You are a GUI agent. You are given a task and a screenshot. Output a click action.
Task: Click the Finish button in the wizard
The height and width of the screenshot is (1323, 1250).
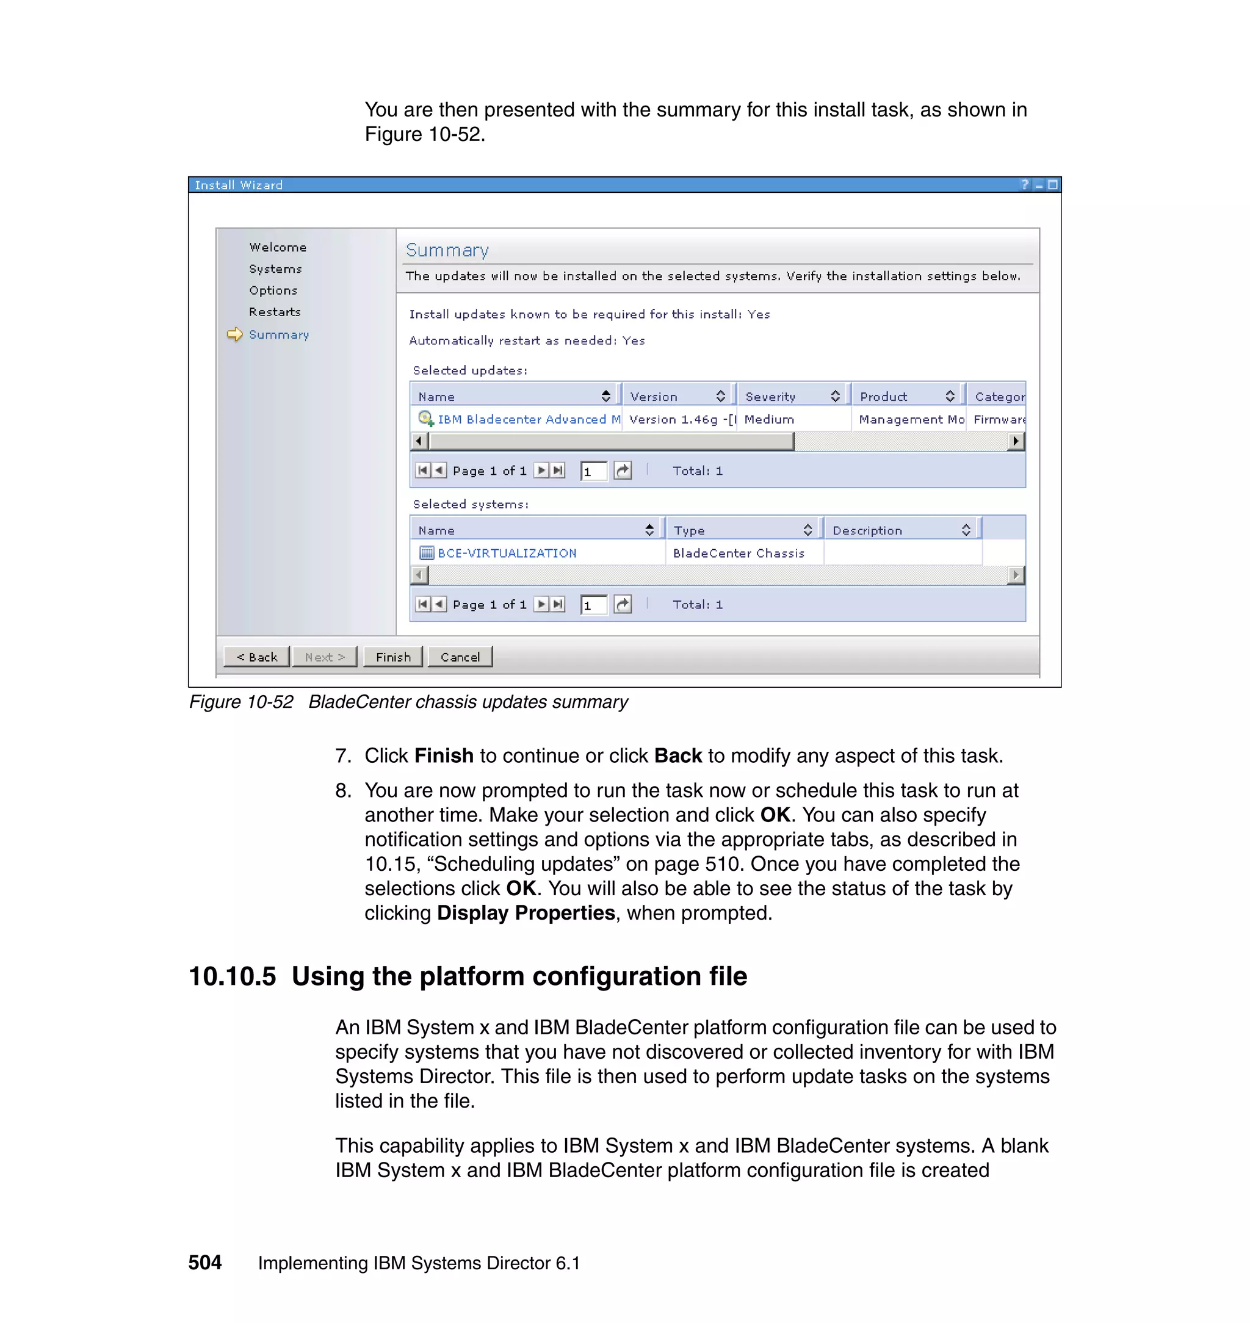[x=392, y=657]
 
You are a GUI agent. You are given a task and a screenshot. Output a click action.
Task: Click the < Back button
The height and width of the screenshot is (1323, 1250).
[x=256, y=657]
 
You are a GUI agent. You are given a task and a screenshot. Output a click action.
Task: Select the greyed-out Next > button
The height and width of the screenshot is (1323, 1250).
[x=325, y=657]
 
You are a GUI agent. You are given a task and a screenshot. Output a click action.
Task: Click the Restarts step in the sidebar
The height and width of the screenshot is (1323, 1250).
[x=275, y=312]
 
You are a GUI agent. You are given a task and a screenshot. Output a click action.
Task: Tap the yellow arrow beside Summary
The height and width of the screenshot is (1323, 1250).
[x=234, y=334]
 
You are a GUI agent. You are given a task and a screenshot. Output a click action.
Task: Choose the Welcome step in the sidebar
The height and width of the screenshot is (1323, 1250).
[x=277, y=247]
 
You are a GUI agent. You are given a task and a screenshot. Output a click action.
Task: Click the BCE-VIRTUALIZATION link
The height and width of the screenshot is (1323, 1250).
[x=507, y=553]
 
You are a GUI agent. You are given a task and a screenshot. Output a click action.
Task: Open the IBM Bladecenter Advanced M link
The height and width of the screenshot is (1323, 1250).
[x=529, y=419]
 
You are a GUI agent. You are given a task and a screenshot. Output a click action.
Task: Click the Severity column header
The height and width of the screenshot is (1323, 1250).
[x=770, y=397]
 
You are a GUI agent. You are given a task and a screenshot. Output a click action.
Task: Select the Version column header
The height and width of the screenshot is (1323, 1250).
[x=654, y=397]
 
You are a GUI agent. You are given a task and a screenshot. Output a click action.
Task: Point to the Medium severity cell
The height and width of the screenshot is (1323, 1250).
[x=769, y=419]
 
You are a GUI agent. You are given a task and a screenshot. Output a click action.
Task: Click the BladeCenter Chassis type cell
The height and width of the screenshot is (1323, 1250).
[x=739, y=553]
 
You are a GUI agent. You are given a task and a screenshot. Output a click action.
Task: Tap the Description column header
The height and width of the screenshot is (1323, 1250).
[x=867, y=530]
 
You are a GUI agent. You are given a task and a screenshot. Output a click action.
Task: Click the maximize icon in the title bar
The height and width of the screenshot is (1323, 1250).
[x=1052, y=184]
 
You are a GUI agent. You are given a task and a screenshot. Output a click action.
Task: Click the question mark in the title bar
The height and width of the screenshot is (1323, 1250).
[x=1025, y=184]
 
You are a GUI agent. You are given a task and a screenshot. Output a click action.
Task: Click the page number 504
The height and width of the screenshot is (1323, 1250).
[x=204, y=1263]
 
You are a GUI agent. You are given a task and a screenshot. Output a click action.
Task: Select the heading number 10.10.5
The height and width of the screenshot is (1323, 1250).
[x=232, y=976]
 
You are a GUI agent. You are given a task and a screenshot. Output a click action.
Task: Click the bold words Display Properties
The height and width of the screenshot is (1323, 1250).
[x=526, y=913]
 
